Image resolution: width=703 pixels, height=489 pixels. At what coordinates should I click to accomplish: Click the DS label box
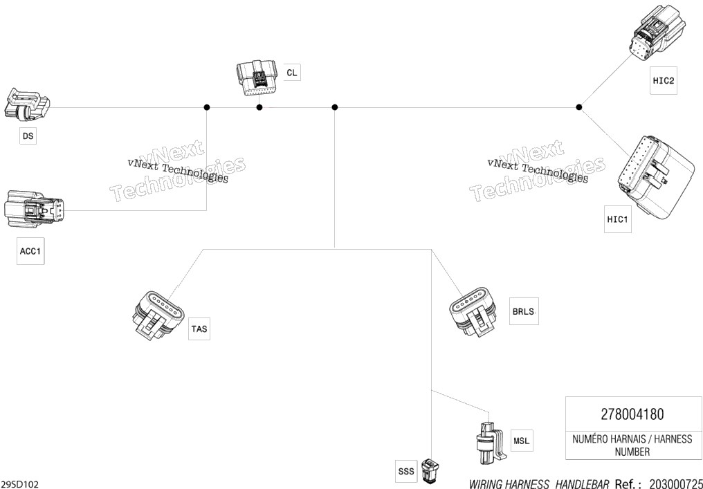pyautogui.click(x=28, y=136)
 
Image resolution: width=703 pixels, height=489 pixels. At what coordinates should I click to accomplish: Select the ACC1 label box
pyautogui.click(x=30, y=251)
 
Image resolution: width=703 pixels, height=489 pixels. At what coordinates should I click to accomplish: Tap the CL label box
pyautogui.click(x=292, y=73)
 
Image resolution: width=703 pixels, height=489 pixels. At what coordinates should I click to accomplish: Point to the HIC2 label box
pyautogui.click(x=664, y=81)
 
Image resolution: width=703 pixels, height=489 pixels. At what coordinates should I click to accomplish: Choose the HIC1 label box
pyautogui.click(x=618, y=219)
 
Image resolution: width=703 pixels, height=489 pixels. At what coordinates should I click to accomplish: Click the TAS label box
pyautogui.click(x=199, y=329)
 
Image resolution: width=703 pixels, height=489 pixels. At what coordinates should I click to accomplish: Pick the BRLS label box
pyautogui.click(x=524, y=311)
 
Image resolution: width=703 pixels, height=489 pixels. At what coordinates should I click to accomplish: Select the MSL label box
pyautogui.click(x=522, y=441)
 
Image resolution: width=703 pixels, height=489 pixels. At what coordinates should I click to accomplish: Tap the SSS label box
pyautogui.click(x=406, y=471)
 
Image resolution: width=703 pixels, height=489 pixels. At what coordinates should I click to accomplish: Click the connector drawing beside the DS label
pyautogui.click(x=27, y=104)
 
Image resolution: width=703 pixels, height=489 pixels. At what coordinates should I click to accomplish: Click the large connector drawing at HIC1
pyautogui.click(x=657, y=176)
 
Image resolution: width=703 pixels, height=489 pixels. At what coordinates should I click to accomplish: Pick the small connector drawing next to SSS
pyautogui.click(x=431, y=470)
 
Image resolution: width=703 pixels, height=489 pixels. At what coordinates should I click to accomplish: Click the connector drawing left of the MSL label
pyautogui.click(x=490, y=444)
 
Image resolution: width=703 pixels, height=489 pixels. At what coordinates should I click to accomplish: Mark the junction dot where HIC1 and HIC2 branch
pyautogui.click(x=579, y=107)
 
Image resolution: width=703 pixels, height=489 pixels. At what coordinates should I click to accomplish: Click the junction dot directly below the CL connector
pyautogui.click(x=259, y=107)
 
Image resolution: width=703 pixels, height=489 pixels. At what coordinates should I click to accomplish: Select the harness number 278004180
pyautogui.click(x=632, y=414)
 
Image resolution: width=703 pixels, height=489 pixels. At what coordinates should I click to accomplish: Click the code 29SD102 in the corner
pyautogui.click(x=20, y=484)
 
